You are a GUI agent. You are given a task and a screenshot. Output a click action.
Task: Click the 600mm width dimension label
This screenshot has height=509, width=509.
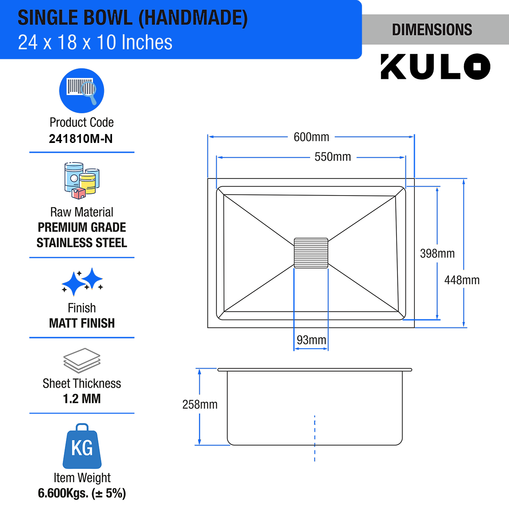coord(311,137)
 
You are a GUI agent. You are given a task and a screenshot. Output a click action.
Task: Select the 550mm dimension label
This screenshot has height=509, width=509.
coord(333,157)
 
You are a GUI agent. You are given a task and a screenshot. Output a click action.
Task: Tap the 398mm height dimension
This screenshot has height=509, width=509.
coord(437,254)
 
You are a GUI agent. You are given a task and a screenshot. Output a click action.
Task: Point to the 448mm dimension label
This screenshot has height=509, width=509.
coord(462,280)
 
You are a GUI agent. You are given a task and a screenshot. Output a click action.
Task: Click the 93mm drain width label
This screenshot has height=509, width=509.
coord(311,340)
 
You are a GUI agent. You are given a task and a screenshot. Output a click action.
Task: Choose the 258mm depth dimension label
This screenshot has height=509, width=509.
coord(200,404)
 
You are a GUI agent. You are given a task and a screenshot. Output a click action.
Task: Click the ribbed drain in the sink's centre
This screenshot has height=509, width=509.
coord(311,253)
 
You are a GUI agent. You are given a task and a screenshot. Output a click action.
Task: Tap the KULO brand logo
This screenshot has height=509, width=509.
coord(435,67)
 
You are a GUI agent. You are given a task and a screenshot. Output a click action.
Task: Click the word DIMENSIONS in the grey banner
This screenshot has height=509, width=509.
coord(432,30)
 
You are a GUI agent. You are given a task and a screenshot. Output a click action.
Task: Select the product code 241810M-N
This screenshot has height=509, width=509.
coord(81,139)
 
